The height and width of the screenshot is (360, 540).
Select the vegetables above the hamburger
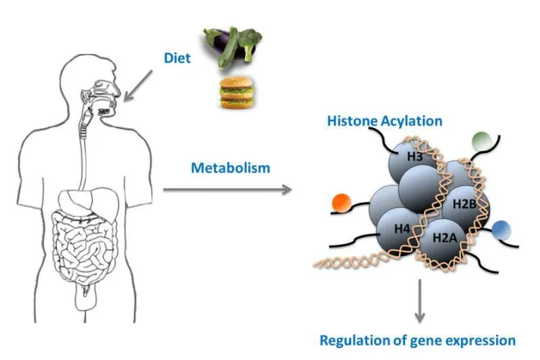point(231,47)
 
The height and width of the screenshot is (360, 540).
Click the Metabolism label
point(231,167)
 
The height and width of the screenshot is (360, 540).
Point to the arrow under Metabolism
point(228,188)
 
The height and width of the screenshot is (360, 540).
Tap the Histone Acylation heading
point(385,121)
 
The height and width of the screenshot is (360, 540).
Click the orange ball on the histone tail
point(339,202)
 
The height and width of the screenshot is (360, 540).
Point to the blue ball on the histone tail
point(501,230)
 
